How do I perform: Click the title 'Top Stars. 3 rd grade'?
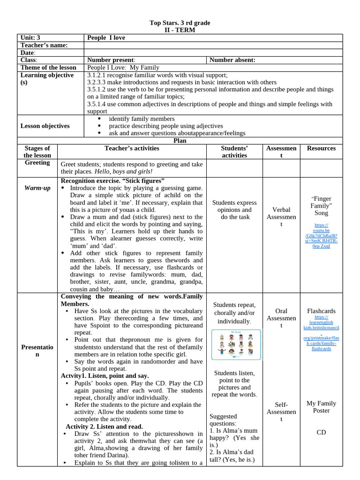click(180, 22)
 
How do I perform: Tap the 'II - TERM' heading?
click(180, 30)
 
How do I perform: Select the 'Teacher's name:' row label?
click(44, 45)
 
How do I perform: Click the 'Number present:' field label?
click(111, 60)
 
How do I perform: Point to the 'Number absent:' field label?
click(232, 60)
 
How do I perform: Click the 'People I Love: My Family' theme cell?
click(123, 67)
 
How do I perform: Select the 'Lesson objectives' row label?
click(45, 126)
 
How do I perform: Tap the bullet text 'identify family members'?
click(142, 119)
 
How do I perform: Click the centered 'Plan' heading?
click(180, 140)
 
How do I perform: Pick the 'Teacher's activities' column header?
click(131, 148)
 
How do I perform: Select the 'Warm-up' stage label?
click(37, 188)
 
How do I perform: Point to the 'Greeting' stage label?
click(37, 163)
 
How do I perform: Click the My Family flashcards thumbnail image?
click(234, 345)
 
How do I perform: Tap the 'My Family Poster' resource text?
click(321, 407)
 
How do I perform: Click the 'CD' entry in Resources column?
click(321, 432)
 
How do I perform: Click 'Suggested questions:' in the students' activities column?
click(223, 420)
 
